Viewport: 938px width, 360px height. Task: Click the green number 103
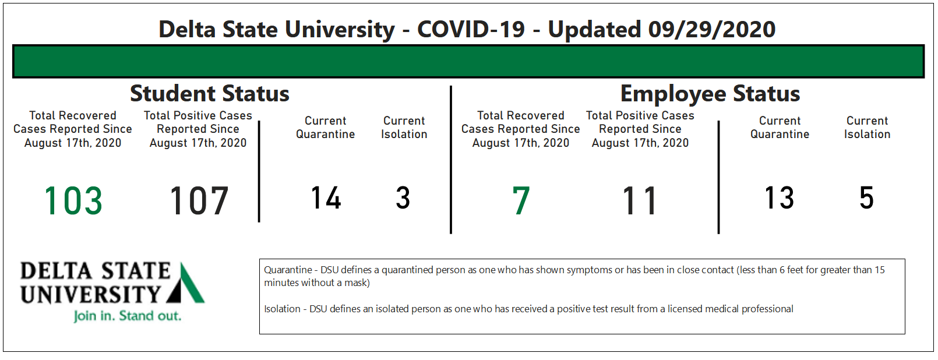point(73,201)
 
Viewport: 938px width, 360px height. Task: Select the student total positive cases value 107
point(199,201)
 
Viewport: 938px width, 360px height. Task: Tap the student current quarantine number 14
point(326,197)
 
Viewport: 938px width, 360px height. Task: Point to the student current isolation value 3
point(403,197)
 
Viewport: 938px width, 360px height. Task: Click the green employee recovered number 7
point(521,201)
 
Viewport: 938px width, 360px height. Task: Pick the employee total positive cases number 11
point(640,201)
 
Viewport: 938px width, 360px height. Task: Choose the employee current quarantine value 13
point(779,197)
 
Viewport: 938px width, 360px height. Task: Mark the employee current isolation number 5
point(867,197)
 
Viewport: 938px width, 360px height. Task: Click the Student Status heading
point(209,93)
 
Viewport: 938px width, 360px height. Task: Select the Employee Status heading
point(710,93)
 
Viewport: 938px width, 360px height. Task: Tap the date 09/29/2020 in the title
point(712,29)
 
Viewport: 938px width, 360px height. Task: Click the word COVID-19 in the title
point(471,29)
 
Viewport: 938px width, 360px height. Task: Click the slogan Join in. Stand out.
point(127,316)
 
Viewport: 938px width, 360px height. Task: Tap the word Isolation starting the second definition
point(282,309)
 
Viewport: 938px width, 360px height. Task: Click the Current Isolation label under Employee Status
point(868,127)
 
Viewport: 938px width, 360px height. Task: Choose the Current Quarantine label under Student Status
point(325,127)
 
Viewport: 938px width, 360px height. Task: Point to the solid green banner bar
point(468,61)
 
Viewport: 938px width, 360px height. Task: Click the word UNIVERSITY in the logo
point(90,294)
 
